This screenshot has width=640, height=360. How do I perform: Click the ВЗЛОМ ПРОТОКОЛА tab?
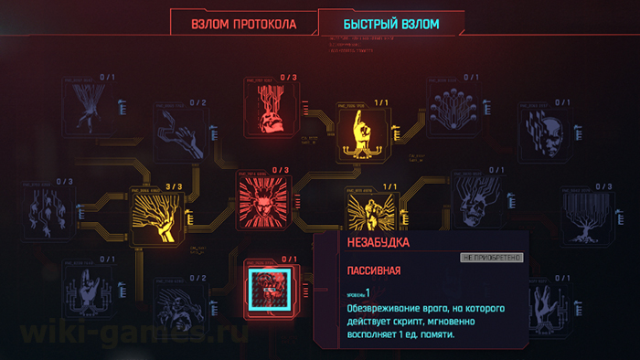pyautogui.click(x=243, y=23)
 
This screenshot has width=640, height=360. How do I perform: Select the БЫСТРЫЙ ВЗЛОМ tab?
pyautogui.click(x=391, y=23)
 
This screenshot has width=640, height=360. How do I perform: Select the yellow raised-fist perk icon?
pyautogui.click(x=370, y=209)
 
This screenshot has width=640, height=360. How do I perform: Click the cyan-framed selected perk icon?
pyautogui.click(x=270, y=289)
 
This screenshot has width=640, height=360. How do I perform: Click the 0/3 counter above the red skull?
pyautogui.click(x=289, y=78)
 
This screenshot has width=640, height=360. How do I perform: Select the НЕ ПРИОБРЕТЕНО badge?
pyautogui.click(x=491, y=258)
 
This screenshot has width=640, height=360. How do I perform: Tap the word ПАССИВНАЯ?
pyautogui.click(x=375, y=271)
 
